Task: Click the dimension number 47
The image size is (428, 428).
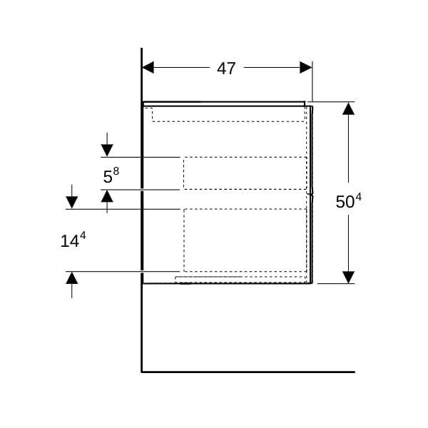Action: (226, 68)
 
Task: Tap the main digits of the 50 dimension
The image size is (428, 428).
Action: (345, 202)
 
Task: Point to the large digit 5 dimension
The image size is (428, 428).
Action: (108, 177)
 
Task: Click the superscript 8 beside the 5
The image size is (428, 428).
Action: (116, 171)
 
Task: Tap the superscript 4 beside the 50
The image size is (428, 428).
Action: (358, 197)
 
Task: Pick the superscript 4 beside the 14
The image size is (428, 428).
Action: (83, 235)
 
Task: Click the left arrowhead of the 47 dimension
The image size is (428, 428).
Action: (148, 68)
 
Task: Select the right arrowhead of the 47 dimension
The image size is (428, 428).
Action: (306, 68)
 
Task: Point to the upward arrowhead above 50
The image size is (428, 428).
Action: (348, 108)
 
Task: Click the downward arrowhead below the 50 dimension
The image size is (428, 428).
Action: (348, 277)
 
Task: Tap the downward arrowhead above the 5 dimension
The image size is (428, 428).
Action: (107, 151)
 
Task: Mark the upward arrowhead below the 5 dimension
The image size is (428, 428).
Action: (107, 196)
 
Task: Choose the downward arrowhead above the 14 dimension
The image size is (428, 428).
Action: (72, 203)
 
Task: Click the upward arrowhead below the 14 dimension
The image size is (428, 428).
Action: (72, 278)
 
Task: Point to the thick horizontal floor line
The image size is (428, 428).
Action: (248, 372)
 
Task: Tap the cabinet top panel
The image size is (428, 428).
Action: (224, 103)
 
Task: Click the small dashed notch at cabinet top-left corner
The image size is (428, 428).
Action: (149, 115)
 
